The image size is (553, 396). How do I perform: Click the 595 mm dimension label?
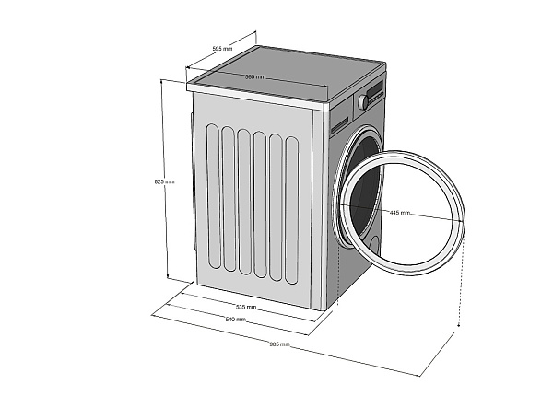[x=222, y=49]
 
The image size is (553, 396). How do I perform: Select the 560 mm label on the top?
[x=255, y=76]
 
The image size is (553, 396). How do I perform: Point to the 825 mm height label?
[x=164, y=181]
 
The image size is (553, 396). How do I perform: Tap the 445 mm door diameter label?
[x=400, y=213]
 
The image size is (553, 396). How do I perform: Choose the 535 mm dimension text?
[x=245, y=307]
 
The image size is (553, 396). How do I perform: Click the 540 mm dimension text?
[x=235, y=320]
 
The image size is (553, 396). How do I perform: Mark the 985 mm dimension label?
[x=279, y=344]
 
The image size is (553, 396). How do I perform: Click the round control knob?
[x=363, y=101]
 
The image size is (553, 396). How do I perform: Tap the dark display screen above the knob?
[x=375, y=88]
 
